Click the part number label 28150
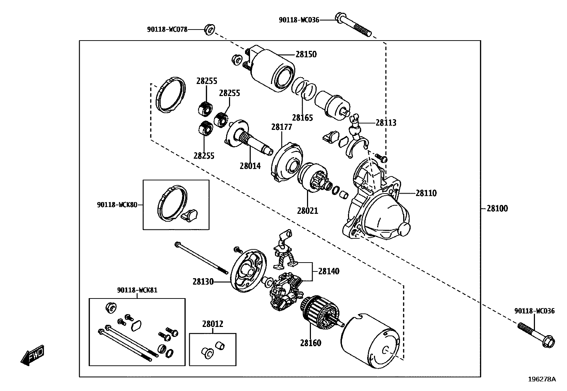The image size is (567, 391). point(306,54)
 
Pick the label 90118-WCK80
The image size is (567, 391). point(117,205)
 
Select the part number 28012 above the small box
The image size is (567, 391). point(213,324)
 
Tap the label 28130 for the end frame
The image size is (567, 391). point(203,282)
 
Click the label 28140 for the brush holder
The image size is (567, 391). point(329,271)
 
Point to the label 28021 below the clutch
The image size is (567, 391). point(307,211)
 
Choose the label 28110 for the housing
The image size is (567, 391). point(426,193)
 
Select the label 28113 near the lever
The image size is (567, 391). point(386,123)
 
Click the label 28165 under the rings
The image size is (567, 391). point(302,118)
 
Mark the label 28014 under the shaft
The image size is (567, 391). point(250,166)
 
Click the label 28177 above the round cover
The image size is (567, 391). point(282,127)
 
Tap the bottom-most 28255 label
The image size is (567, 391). point(204,155)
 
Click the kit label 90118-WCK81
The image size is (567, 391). point(137,290)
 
